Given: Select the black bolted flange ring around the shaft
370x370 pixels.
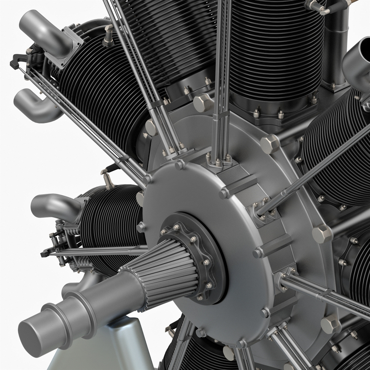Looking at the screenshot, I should [x=208, y=259].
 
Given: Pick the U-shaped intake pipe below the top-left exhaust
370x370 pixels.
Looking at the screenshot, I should [x=35, y=104].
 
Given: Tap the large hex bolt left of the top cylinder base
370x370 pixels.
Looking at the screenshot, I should [x=203, y=103].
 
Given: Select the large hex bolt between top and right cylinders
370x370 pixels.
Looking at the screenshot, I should [x=270, y=143].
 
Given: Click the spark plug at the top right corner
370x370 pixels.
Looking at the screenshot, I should [x=319, y=6].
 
